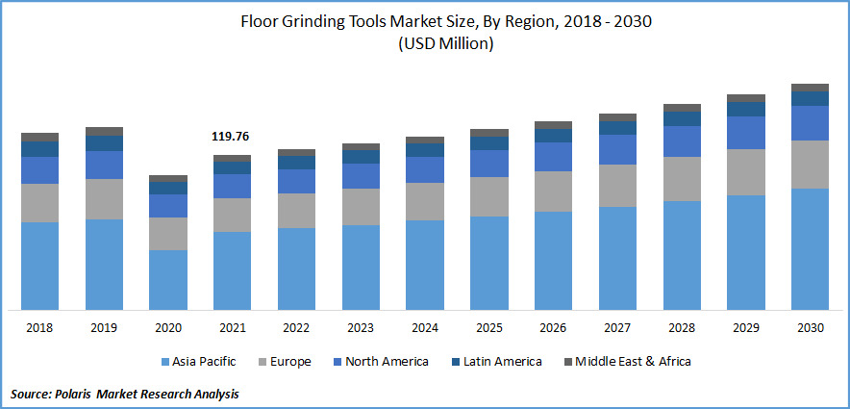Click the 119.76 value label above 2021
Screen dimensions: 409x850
[232, 138]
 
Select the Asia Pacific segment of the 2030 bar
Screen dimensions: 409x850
[810, 248]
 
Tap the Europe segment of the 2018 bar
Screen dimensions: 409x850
[40, 203]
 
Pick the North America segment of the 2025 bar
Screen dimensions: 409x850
[489, 164]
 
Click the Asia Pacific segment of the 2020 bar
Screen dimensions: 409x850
[168, 279]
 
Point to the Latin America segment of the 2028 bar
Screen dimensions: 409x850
[682, 118]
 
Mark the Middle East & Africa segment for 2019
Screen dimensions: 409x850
[104, 131]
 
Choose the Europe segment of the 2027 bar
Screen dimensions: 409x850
[617, 186]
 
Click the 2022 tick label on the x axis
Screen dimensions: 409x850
[296, 328]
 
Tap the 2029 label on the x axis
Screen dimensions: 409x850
[745, 328]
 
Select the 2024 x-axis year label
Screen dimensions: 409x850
[425, 328]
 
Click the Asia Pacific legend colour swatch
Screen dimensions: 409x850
[165, 362]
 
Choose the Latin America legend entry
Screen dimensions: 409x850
[502, 362]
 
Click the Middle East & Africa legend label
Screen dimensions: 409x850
[633, 362]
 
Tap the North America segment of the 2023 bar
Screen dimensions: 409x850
[361, 176]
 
